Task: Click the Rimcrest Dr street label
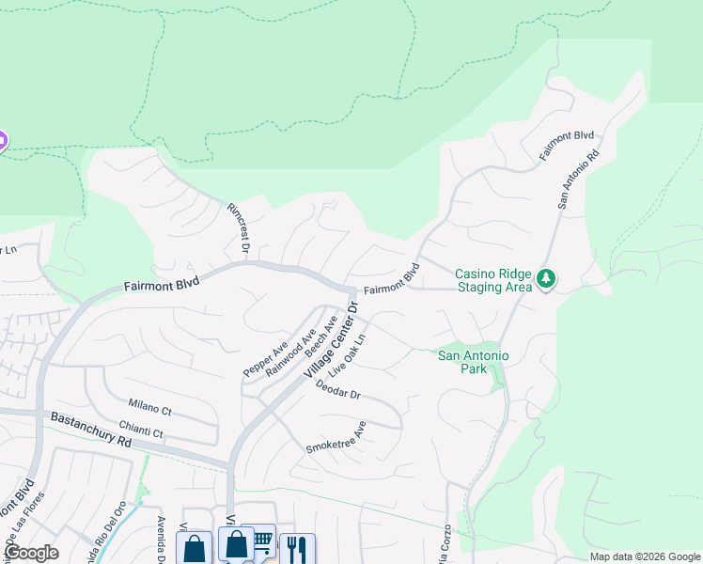pyautogui.click(x=236, y=227)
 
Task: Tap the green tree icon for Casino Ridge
pyautogui.click(x=546, y=279)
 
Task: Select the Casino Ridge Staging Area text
pyautogui.click(x=493, y=280)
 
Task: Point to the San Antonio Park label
pyautogui.click(x=474, y=362)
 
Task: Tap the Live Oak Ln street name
pyautogui.click(x=346, y=354)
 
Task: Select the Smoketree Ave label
pyautogui.click(x=336, y=437)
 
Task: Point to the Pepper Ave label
pyautogui.click(x=265, y=359)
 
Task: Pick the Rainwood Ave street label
pyautogui.click(x=289, y=352)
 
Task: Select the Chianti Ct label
pyautogui.click(x=141, y=429)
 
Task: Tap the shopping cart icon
pyautogui.click(x=259, y=541)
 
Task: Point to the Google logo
pyautogui.click(x=30, y=553)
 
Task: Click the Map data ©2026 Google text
pyautogui.click(x=645, y=556)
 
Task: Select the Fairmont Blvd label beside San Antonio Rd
pyautogui.click(x=567, y=144)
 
